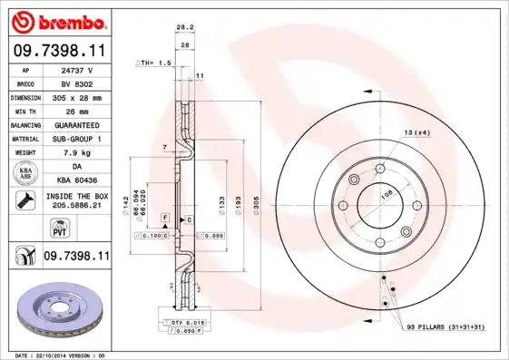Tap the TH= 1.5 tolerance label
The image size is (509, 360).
point(154,63)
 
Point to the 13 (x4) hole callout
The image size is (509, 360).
point(416,133)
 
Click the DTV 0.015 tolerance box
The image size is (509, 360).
point(185,323)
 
